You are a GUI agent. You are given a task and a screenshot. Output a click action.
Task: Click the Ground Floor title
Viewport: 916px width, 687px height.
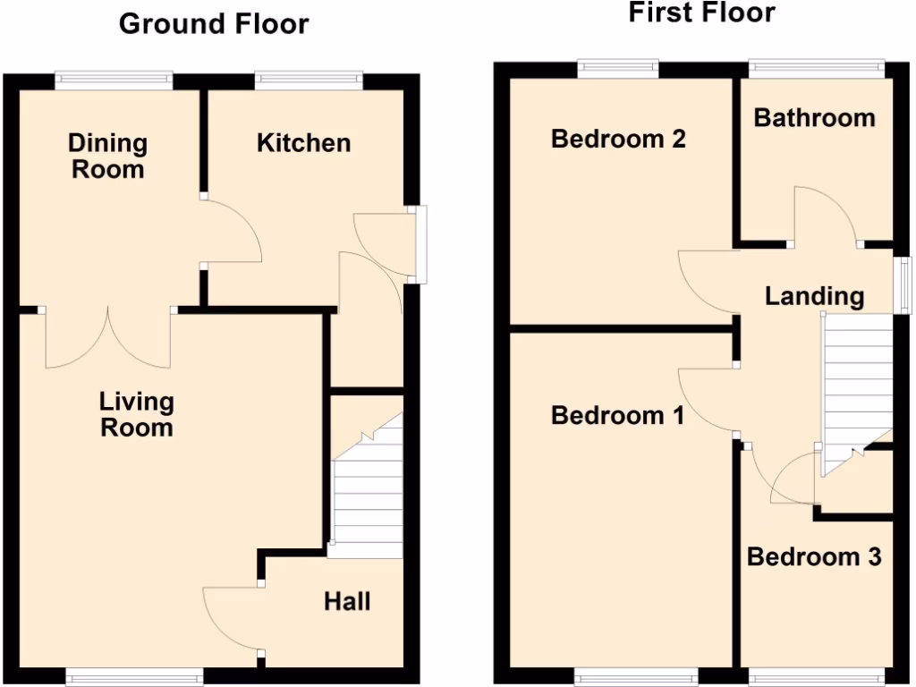pyautogui.click(x=214, y=24)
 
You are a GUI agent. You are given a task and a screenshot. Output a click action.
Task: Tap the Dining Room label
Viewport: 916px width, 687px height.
pyautogui.click(x=108, y=156)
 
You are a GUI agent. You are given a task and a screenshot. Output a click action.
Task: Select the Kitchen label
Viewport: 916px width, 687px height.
pyautogui.click(x=303, y=142)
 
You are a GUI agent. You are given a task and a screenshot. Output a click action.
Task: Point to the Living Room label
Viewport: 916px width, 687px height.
pyautogui.click(x=136, y=414)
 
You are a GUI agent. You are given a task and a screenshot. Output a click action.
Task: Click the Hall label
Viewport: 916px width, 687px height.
pyautogui.click(x=347, y=601)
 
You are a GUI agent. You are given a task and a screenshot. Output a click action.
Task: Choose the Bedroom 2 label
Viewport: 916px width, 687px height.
pyautogui.click(x=618, y=139)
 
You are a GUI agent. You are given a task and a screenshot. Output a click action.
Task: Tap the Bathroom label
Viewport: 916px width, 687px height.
pyautogui.click(x=814, y=117)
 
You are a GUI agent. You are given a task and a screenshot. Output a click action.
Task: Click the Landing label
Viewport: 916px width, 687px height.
pyautogui.click(x=814, y=296)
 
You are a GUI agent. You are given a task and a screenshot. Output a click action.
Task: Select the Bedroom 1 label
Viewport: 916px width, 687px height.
pyautogui.click(x=617, y=415)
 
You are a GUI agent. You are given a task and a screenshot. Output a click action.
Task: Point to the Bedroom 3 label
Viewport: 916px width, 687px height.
pyautogui.click(x=814, y=556)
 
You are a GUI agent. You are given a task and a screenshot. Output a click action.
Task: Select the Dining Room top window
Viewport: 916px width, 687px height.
pyautogui.click(x=114, y=81)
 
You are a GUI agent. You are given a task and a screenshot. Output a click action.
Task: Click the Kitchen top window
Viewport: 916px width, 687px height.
pyautogui.click(x=309, y=81)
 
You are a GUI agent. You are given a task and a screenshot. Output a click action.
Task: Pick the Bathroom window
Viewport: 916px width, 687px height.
pyautogui.click(x=816, y=68)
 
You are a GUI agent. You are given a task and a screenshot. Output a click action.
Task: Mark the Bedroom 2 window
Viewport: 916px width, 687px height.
pyautogui.click(x=618, y=68)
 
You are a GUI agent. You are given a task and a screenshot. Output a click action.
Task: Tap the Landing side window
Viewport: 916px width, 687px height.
pyautogui.click(x=904, y=285)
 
